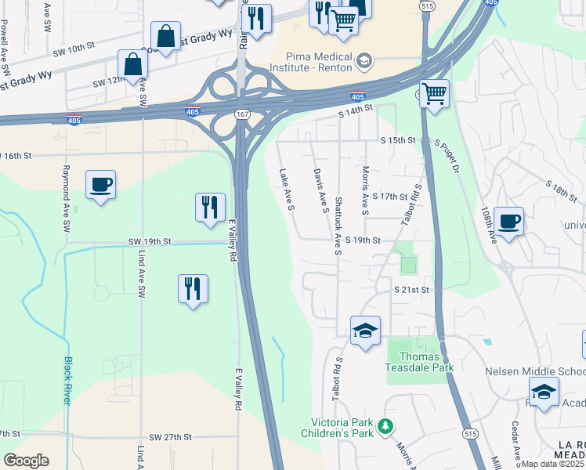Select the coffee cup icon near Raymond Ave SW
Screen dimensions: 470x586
click(100, 185)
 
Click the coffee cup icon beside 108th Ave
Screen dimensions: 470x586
click(508, 222)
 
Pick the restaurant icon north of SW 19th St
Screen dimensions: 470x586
click(210, 207)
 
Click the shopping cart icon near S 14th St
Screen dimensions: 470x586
click(434, 94)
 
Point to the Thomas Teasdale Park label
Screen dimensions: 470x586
click(419, 361)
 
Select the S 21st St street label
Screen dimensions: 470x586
click(413, 290)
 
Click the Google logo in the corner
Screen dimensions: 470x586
click(26, 461)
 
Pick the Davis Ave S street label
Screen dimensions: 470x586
click(320, 190)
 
